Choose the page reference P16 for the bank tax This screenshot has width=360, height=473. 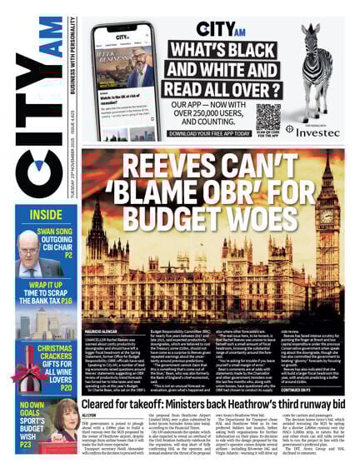(x=67, y=301)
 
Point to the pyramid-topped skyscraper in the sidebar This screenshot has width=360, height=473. (x=41, y=321)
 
